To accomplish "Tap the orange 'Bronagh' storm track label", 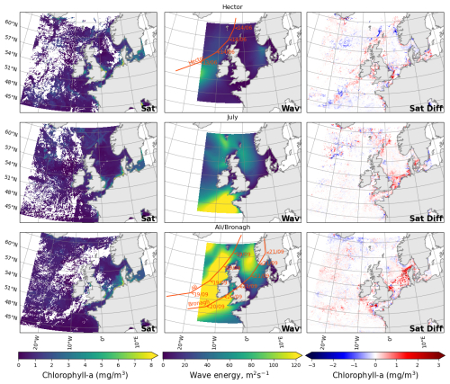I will click(198, 305).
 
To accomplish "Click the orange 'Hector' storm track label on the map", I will click(197, 61).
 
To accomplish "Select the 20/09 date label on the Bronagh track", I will click(217, 307).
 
